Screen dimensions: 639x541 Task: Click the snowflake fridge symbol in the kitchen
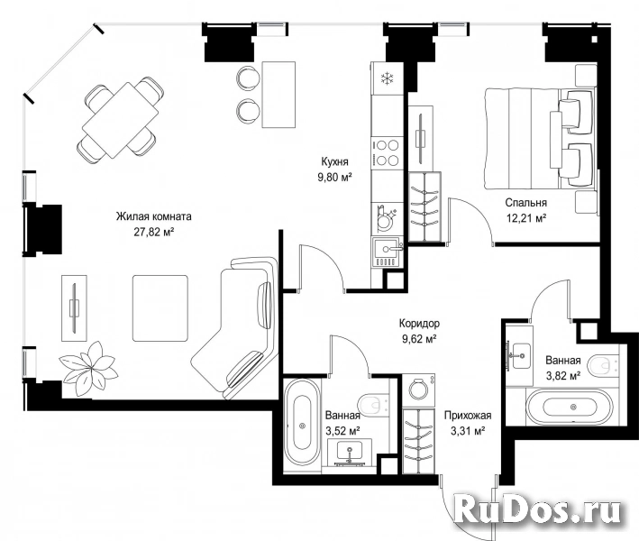coord(387,78)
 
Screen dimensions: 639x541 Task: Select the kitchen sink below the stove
coord(387,252)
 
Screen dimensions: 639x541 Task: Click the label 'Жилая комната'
coord(153,216)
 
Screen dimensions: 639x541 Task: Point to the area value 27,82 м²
coord(154,232)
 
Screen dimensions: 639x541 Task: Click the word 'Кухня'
coord(334,162)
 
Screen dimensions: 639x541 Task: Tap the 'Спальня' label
coord(526,203)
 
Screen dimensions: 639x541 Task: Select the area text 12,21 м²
coord(526,218)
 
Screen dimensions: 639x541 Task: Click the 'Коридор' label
coord(419,324)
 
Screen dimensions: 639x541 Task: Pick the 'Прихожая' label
coord(468,416)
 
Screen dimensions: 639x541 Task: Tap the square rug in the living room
coord(160,308)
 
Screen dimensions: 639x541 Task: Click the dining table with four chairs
coord(120,120)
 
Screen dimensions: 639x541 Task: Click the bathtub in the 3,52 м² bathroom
coord(302,426)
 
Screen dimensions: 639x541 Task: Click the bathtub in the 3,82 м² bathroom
coord(569,408)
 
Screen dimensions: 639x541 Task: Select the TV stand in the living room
coord(74,308)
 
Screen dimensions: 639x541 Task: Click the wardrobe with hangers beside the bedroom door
coord(424,206)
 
